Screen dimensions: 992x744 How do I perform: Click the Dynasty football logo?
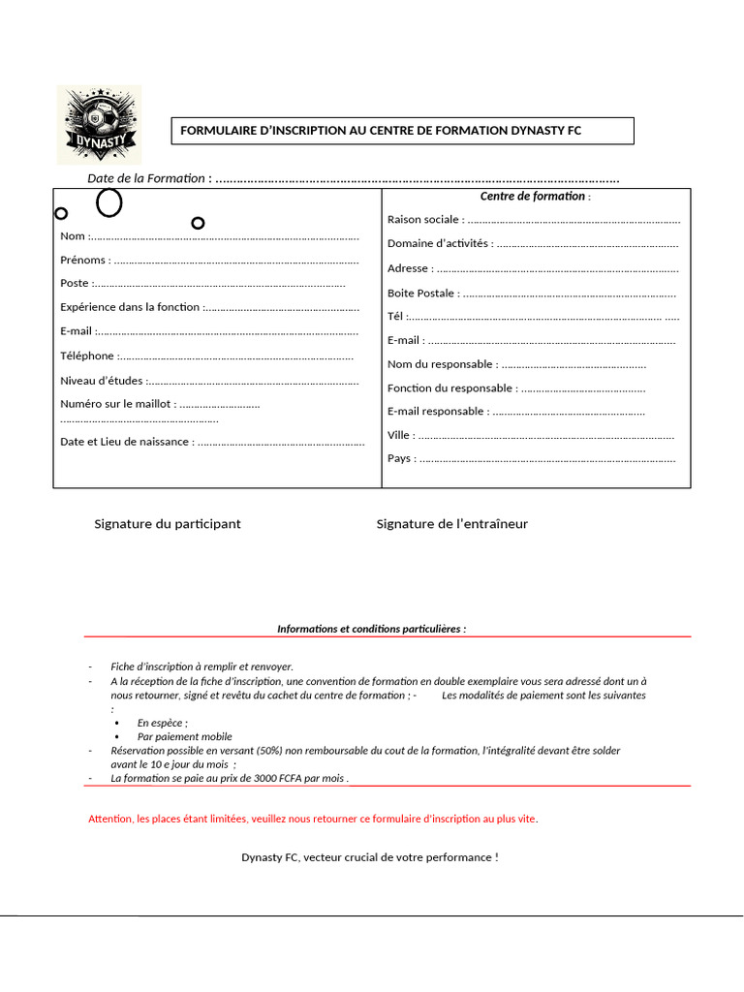point(98,124)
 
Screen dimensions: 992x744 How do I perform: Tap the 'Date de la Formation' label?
point(146,178)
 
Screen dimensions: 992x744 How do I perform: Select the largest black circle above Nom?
point(109,202)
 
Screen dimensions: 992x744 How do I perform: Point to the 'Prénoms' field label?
point(84,261)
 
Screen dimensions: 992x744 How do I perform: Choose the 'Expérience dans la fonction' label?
point(130,307)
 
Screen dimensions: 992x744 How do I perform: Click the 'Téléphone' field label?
point(87,356)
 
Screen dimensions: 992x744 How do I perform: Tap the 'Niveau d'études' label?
point(102,381)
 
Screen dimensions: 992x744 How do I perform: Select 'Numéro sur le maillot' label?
point(117,404)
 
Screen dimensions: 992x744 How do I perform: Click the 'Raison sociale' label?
point(422,220)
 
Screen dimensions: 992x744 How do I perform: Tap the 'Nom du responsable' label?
point(442,364)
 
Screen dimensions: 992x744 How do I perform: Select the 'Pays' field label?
point(400,458)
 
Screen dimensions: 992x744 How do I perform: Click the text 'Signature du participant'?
point(168,524)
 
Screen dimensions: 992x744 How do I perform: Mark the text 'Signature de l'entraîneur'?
point(452,524)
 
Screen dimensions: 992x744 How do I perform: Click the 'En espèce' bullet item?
point(162,723)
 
